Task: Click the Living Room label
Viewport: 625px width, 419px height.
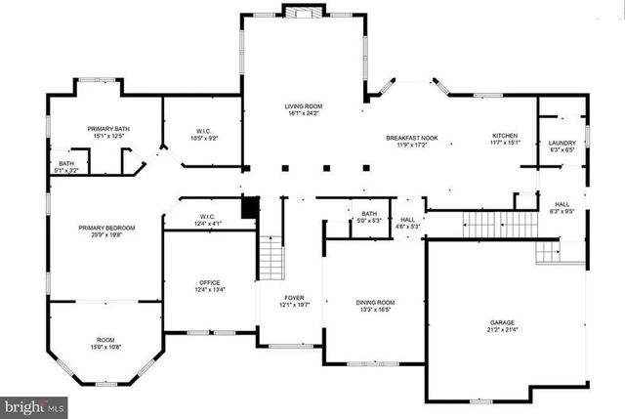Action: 304,109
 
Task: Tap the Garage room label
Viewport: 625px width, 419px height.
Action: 502,326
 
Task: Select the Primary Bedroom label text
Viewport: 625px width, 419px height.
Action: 106,231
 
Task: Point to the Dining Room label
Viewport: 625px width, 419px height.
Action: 375,306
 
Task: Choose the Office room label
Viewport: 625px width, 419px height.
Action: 210,286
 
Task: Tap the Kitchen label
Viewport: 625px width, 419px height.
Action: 505,140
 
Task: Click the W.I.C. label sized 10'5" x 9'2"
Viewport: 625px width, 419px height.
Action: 204,135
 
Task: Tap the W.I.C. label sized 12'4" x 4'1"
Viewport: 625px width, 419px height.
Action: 207,221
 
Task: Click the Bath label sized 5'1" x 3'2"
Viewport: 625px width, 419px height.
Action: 66,167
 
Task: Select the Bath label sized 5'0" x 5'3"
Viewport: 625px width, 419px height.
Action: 368,217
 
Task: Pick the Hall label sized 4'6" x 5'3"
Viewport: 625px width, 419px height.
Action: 408,223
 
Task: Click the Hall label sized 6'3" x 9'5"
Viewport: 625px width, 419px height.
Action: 562,207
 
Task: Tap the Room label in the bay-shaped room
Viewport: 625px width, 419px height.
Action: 104,343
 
